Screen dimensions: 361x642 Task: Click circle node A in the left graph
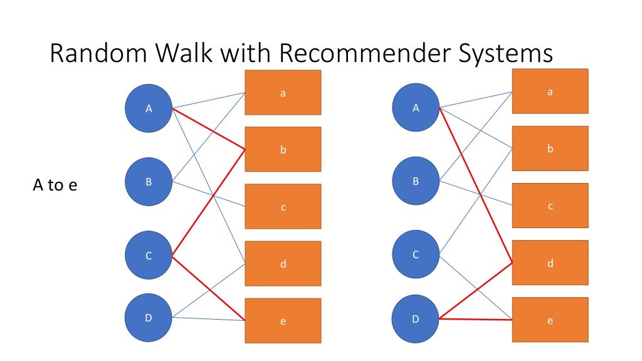(149, 108)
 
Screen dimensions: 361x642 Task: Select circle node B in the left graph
(149, 182)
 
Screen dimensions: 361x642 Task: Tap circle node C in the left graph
(149, 256)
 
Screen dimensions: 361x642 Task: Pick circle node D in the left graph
(149, 318)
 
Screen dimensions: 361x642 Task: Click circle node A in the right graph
(416, 108)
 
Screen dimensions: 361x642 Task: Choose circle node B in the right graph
(416, 181)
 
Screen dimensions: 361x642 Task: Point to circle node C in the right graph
(416, 254)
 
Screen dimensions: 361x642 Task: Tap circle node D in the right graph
(416, 318)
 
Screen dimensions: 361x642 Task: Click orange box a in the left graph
(283, 93)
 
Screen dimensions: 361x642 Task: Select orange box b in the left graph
(283, 150)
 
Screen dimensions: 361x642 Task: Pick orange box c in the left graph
(283, 207)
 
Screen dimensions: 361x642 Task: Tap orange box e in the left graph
(283, 321)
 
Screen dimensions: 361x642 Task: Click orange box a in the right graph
(550, 92)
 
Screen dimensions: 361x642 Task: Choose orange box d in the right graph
(550, 263)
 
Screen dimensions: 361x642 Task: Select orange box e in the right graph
(550, 320)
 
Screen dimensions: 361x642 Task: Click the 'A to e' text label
(55, 186)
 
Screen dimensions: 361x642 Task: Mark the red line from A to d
(476, 187)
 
